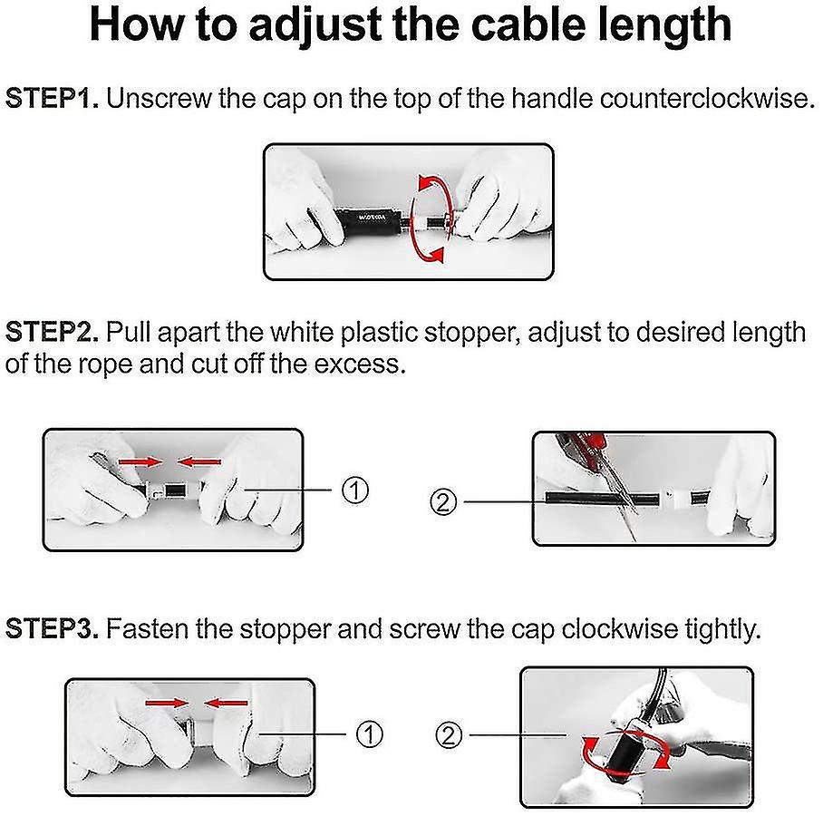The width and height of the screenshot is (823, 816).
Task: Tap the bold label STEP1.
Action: pyautogui.click(x=52, y=99)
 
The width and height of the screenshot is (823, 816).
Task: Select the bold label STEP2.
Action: pyautogui.click(x=52, y=333)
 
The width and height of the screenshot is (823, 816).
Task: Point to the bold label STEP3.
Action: pyautogui.click(x=52, y=628)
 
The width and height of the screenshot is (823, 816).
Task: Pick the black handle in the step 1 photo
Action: pyautogui.click(x=367, y=220)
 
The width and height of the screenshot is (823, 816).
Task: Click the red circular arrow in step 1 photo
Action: pyautogui.click(x=431, y=219)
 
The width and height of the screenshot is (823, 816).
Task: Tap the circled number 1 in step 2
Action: pyautogui.click(x=355, y=490)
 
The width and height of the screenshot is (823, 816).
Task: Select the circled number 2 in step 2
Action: pyautogui.click(x=443, y=502)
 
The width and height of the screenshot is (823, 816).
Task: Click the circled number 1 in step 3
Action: pyautogui.click(x=370, y=734)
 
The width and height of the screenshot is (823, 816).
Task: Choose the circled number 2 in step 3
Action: pyautogui.click(x=449, y=735)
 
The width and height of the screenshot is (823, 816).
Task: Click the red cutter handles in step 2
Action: pyautogui.click(x=583, y=445)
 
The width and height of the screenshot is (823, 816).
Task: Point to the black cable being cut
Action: pyautogui.click(x=602, y=499)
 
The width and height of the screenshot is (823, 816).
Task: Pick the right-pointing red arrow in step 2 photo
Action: pyautogui.click(x=140, y=462)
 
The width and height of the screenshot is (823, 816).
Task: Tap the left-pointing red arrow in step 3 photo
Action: pyautogui.click(x=226, y=703)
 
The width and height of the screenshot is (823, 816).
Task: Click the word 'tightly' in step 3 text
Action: pyautogui.click(x=722, y=628)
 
